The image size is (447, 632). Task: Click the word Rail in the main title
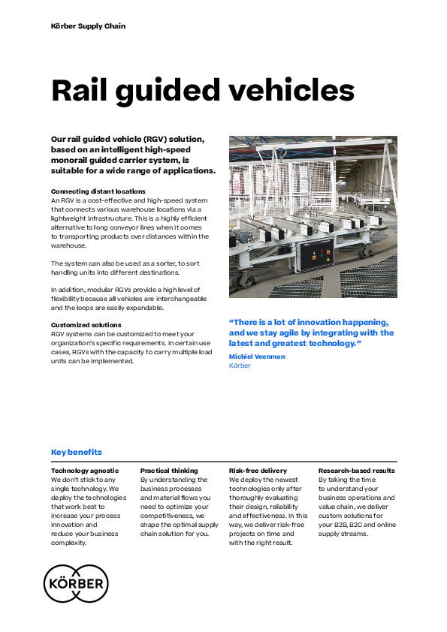pyautogui.click(x=83, y=90)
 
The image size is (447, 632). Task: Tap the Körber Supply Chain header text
pyautogui.click(x=88, y=26)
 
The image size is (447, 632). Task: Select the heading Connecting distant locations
pyautogui.click(x=98, y=191)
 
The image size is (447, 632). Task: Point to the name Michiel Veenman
pyautogui.click(x=257, y=357)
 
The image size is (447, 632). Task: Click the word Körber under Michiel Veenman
pyautogui.click(x=240, y=366)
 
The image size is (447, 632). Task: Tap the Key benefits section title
pyautogui.click(x=76, y=452)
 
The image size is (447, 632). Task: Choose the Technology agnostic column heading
pyautogui.click(x=85, y=471)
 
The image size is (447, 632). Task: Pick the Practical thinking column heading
pyautogui.click(x=169, y=471)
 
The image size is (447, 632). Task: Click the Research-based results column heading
pyautogui.click(x=357, y=471)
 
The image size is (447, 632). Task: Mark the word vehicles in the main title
pyautogui.click(x=293, y=90)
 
